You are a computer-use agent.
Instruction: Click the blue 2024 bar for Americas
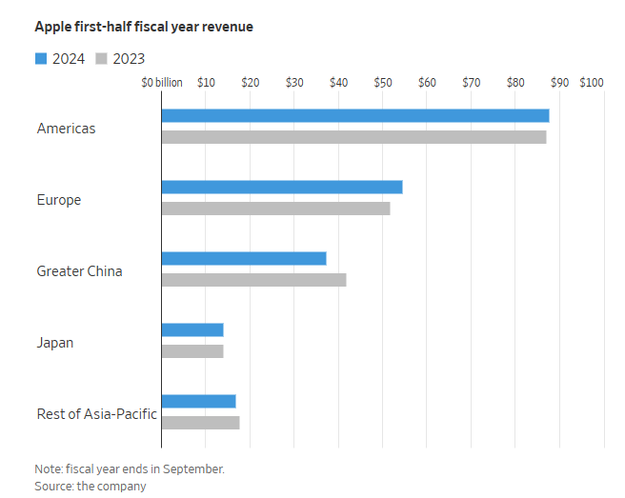355,115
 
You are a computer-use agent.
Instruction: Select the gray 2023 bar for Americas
353,137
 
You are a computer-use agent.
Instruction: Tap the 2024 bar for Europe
282,187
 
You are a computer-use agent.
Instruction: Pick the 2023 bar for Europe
275,209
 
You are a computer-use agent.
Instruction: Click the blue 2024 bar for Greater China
244,258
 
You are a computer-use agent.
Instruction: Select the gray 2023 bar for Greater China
253,280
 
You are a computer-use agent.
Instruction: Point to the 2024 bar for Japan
192,329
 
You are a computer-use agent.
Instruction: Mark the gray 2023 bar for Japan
192,351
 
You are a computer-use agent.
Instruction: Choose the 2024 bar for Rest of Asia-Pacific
198,401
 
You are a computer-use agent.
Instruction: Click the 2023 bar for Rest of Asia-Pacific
200,423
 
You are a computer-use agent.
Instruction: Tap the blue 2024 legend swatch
40,59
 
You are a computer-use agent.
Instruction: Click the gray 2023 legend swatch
101,59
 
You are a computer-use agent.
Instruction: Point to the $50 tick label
382,83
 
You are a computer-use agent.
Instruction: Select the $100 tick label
591,83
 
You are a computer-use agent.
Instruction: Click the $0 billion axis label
162,83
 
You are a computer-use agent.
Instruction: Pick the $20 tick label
250,83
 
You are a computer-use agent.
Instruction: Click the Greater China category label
79,271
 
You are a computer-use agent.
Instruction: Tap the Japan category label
55,343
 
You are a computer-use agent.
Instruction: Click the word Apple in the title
52,27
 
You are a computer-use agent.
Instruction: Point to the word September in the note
195,469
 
